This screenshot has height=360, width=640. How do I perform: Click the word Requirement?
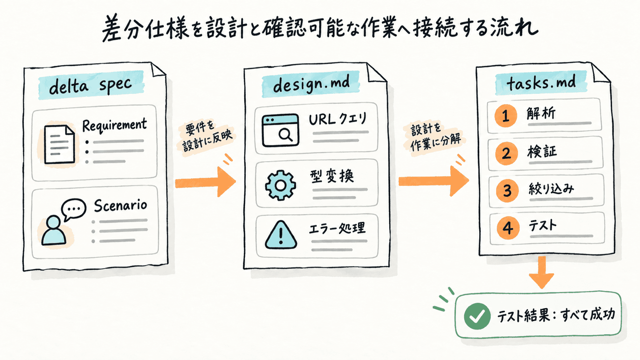(114, 125)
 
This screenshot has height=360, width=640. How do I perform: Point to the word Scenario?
(120, 205)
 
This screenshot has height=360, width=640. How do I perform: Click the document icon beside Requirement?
(60, 144)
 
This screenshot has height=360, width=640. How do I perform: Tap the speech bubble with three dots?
(73, 209)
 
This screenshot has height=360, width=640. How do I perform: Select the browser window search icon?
(280, 130)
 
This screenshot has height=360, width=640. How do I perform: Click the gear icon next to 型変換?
(280, 185)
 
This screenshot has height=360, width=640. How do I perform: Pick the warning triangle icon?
(281, 235)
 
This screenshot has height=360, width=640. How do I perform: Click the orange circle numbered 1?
(505, 116)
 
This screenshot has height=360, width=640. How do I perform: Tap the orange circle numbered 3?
(507, 191)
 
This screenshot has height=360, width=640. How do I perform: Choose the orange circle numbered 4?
(508, 228)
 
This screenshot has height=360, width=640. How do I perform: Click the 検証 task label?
(542, 151)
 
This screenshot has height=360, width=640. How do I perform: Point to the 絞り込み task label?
(551, 189)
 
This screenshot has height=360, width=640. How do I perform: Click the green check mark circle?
(477, 316)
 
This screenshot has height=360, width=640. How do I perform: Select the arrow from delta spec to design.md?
(205, 182)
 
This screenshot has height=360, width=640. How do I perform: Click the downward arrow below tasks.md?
(541, 272)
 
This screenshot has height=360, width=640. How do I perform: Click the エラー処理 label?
(337, 228)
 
